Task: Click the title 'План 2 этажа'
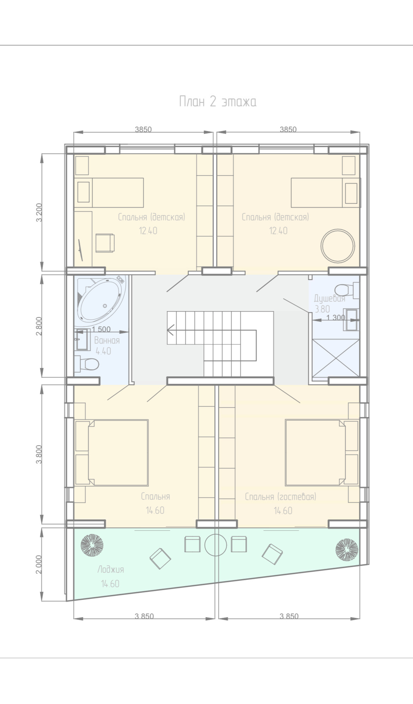tap(218, 101)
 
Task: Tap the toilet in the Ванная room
tap(86, 364)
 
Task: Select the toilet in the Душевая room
tap(346, 290)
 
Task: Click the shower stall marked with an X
tap(336, 358)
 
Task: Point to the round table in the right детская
tap(337, 245)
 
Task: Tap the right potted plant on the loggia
tap(347, 549)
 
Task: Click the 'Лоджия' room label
tap(110, 569)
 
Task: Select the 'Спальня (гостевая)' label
tap(281, 497)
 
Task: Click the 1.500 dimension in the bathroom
tap(101, 329)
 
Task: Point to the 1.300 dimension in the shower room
tap(336, 317)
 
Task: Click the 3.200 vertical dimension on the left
tap(39, 212)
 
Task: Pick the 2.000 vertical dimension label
tap(39, 565)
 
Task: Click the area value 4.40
tap(103, 351)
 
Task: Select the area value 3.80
tap(322, 309)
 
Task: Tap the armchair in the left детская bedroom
tap(105, 243)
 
